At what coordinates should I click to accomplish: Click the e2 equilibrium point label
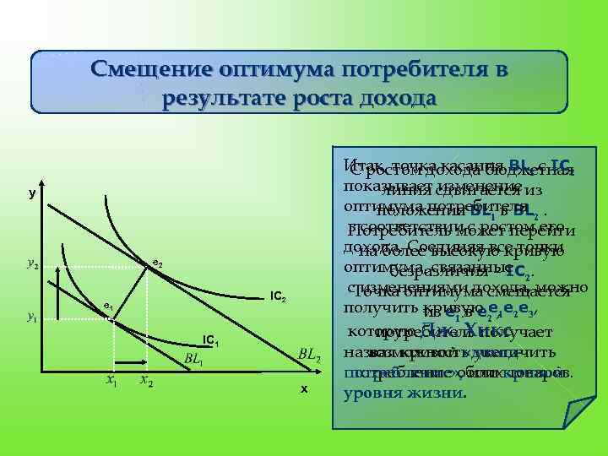pos(156,265)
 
